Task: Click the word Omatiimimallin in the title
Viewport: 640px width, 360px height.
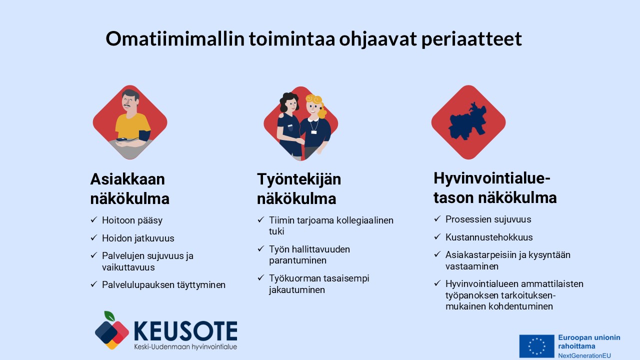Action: [175, 38]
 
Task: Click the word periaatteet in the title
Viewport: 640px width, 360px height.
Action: [471, 39]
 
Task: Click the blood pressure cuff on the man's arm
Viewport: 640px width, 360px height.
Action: [144, 135]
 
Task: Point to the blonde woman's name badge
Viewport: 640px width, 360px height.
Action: [313, 132]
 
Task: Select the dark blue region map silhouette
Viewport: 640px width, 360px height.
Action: [467, 121]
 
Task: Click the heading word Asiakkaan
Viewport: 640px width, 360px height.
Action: [127, 179]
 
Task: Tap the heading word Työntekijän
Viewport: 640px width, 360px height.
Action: [299, 180]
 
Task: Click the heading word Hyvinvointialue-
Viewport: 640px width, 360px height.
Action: [491, 178]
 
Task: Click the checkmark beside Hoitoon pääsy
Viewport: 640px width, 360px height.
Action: [94, 219]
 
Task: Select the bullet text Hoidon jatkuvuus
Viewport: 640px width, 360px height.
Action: [138, 238]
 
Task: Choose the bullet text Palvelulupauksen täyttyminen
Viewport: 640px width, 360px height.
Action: [163, 285]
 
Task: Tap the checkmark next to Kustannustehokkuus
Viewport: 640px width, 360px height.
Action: [437, 237]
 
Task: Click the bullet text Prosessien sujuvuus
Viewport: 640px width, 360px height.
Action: [488, 219]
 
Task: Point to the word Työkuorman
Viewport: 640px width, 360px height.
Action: [295, 278]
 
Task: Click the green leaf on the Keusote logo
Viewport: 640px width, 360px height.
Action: [109, 316]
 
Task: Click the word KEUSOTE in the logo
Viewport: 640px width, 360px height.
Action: [185, 331]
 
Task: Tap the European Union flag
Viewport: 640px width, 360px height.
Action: [536, 346]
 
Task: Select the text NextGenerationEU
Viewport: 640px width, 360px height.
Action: [584, 355]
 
